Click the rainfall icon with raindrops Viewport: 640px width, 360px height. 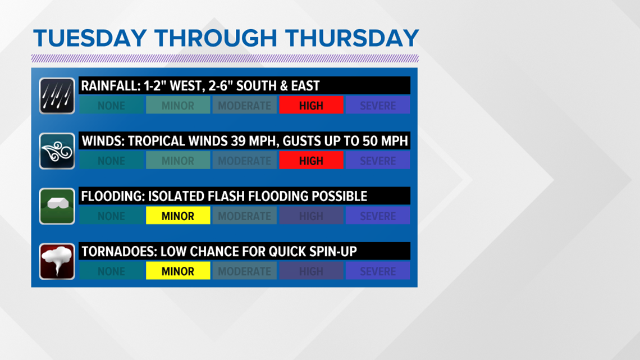[57, 96]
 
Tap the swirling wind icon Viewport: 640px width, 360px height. [57, 151]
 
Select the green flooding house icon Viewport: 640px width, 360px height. [57, 206]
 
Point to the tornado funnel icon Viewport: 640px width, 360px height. [57, 262]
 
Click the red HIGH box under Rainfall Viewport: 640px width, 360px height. [311, 106]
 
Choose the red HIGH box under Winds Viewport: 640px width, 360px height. [311, 161]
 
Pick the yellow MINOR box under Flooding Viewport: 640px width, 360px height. [178, 216]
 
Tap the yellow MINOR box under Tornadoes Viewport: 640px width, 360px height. [178, 271]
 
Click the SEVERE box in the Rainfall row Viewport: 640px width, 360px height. [378, 106]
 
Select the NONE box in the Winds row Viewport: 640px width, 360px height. [111, 161]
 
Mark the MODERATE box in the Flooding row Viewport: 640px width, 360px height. [244, 216]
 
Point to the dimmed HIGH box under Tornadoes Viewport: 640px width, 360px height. [311, 271]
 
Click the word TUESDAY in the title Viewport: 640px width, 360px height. [90, 38]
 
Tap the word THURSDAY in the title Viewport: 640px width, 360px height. [352, 38]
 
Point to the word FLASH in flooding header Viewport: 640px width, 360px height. [226, 197]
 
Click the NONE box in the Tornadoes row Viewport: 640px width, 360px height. [111, 271]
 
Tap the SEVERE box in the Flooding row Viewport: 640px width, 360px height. [378, 216]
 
